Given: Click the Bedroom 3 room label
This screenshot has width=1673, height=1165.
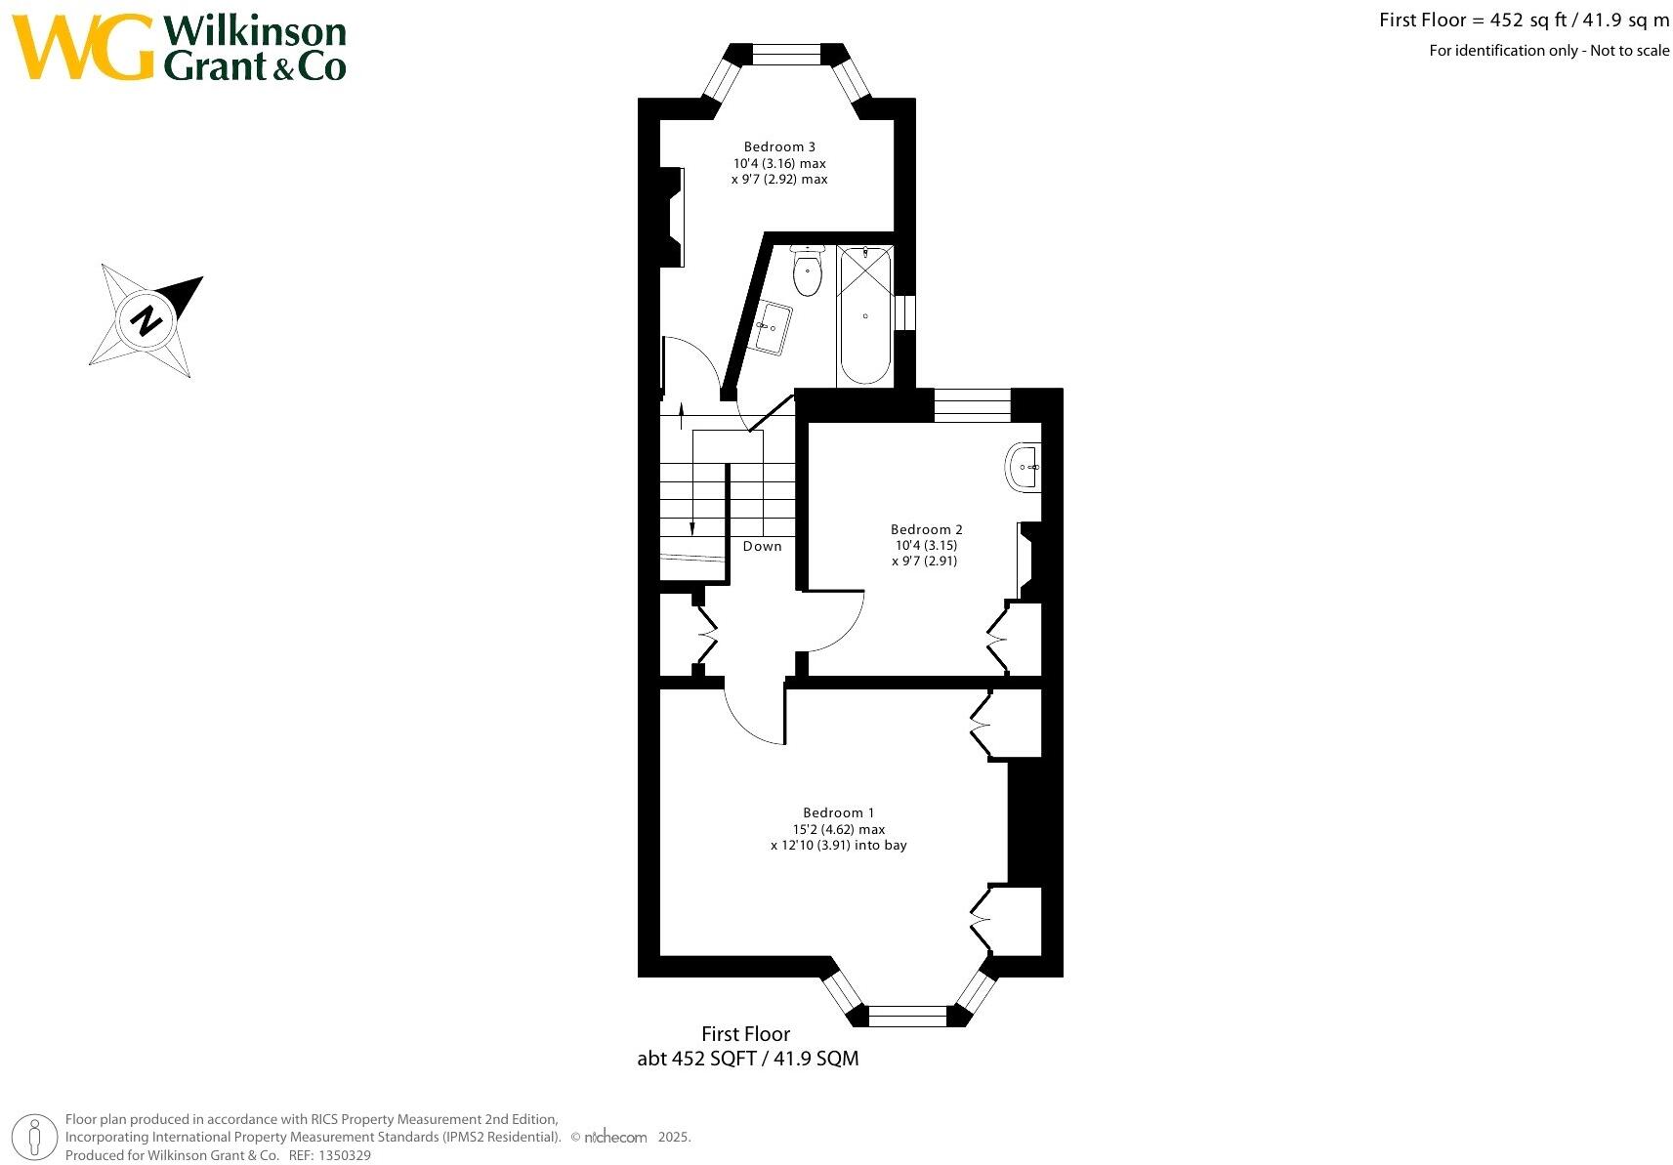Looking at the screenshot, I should pyautogui.click(x=779, y=147).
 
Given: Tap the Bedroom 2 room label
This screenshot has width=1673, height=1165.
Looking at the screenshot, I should pyautogui.click(x=926, y=529).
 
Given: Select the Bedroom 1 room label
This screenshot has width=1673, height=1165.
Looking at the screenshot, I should pyautogui.click(x=838, y=812).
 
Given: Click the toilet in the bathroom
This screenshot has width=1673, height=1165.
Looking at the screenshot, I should pyautogui.click(x=807, y=271).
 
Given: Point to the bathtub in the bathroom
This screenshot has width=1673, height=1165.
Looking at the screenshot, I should pyautogui.click(x=864, y=316).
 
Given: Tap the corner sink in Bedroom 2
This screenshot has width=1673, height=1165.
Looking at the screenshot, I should pyautogui.click(x=1024, y=468).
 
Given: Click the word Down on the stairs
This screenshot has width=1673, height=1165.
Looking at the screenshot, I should pyautogui.click(x=762, y=546).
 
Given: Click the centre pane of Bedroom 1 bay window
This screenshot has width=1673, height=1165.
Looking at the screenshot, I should pyautogui.click(x=907, y=1017).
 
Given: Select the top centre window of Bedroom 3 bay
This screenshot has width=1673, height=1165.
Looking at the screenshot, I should pyautogui.click(x=786, y=56).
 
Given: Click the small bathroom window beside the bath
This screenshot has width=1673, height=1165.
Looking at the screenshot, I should pyautogui.click(x=905, y=312).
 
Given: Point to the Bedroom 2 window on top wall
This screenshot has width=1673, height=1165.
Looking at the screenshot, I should pyautogui.click(x=972, y=404).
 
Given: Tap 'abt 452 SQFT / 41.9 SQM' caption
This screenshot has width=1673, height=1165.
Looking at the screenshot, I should pyautogui.click(x=747, y=1059).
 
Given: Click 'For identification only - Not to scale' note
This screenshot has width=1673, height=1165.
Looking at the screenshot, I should pyautogui.click(x=1548, y=51).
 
